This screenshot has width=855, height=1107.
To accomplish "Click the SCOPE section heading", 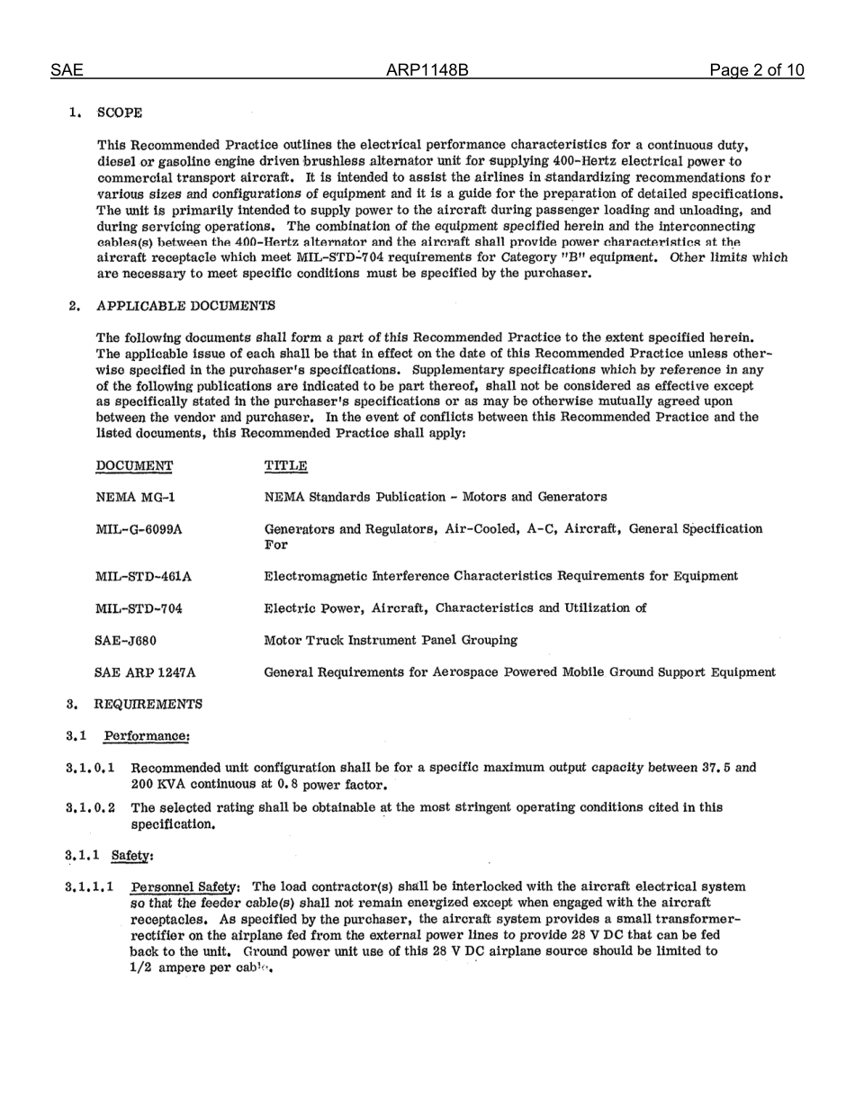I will tap(119, 112).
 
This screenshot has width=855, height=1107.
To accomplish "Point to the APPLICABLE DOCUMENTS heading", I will tap(184, 305).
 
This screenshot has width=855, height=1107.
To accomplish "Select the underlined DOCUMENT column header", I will tap(134, 465).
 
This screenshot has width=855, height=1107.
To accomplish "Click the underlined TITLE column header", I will tap(285, 465).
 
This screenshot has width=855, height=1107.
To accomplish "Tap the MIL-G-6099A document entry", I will tap(139, 529).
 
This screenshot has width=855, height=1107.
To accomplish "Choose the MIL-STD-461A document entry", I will tap(142, 576).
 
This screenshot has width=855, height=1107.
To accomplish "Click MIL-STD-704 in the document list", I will tap(139, 608).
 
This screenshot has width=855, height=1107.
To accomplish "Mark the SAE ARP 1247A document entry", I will tap(145, 671).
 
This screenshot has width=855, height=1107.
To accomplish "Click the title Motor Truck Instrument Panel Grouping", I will tap(391, 640).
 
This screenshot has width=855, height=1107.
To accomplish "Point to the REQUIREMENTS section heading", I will tap(148, 703).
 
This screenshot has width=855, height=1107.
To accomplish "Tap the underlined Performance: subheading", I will tap(147, 735).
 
